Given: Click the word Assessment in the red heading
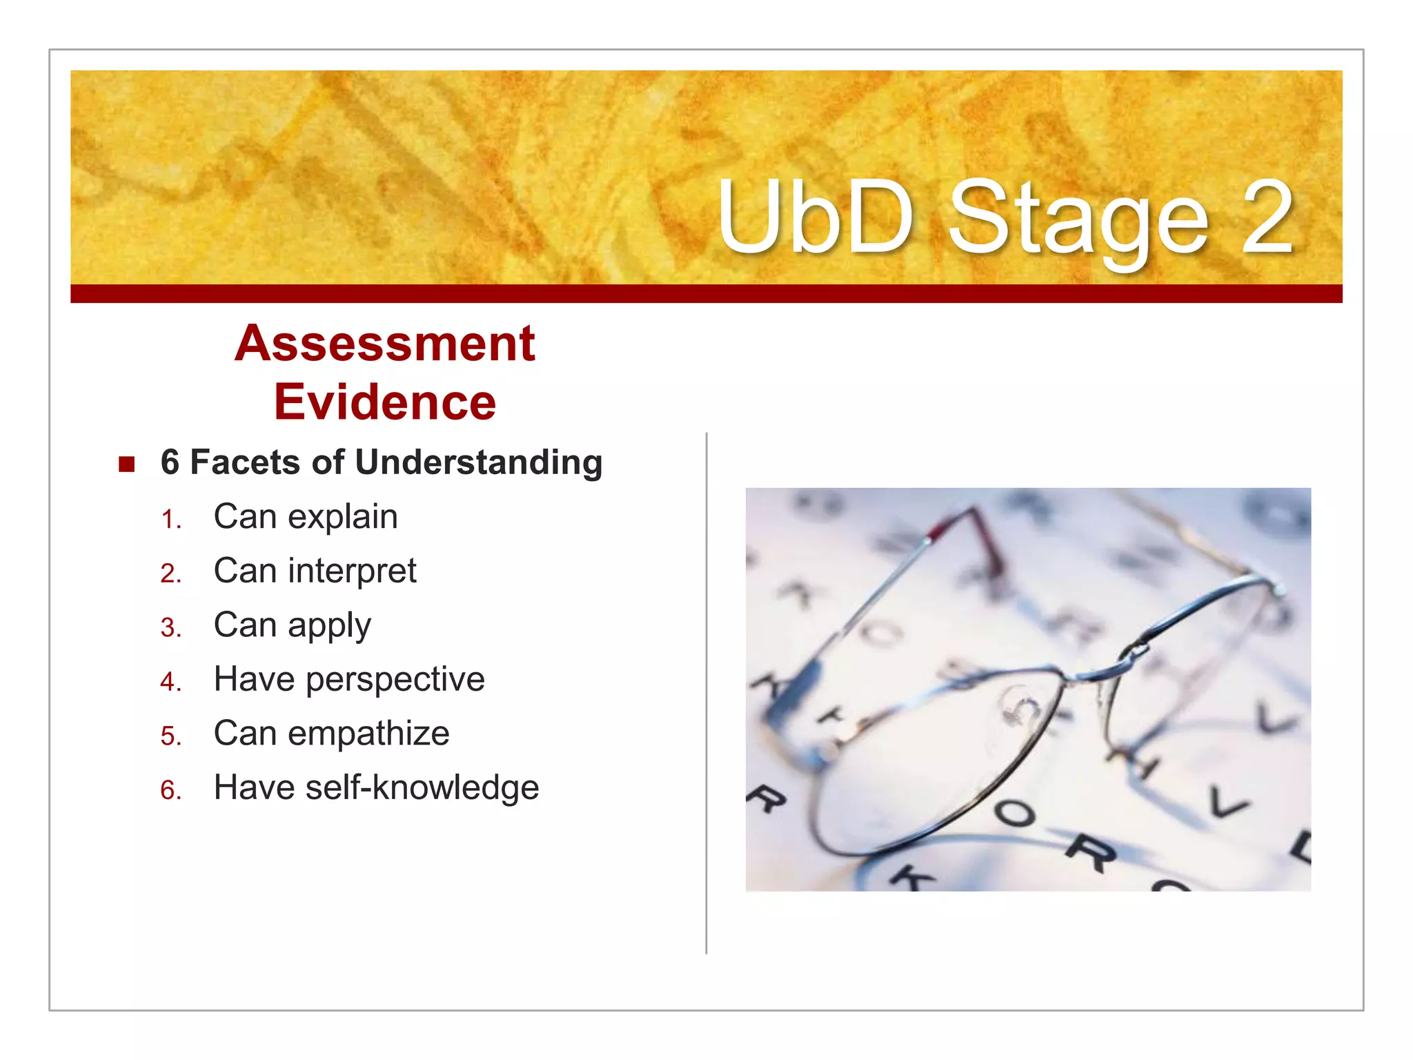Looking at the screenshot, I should [x=384, y=344].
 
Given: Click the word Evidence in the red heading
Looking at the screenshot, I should [x=384, y=402].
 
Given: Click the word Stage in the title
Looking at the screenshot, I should [x=1078, y=219].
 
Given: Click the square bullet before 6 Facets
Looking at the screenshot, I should [x=126, y=464].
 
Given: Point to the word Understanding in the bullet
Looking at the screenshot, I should [x=479, y=462].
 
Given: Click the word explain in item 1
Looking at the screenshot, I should [x=342, y=517].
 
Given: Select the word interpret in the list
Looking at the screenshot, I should [x=352, y=571].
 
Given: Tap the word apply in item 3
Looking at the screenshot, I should [x=329, y=627].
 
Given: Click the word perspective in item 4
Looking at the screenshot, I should [x=395, y=680].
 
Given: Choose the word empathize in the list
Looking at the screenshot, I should [x=368, y=734].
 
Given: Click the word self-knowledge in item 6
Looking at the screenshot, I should [x=422, y=788].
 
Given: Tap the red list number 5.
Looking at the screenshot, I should [x=170, y=736].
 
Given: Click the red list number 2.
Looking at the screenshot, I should [x=170, y=573].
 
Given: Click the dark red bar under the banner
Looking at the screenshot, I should [x=706, y=293].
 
